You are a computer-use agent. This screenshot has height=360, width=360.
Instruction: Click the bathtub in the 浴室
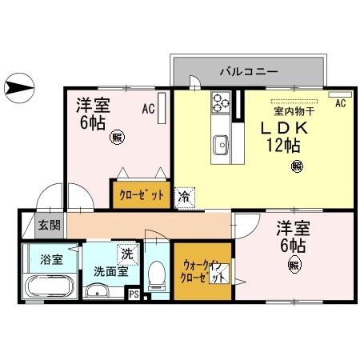pos(50,286)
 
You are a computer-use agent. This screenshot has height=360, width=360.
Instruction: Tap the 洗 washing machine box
pos(126,254)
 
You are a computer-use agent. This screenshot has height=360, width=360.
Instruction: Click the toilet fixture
pos(157,277)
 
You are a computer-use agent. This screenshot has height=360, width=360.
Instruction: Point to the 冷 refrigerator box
pos(184,194)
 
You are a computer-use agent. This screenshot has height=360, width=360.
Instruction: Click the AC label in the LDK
pos(340,104)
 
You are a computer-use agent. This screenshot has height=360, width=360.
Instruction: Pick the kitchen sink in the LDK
pos(221,145)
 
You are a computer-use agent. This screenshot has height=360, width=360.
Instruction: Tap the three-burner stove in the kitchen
pos(221,102)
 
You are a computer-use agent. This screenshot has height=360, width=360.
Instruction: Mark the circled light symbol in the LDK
pos(297,166)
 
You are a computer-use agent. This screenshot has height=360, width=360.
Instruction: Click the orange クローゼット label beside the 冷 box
pos(142,194)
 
